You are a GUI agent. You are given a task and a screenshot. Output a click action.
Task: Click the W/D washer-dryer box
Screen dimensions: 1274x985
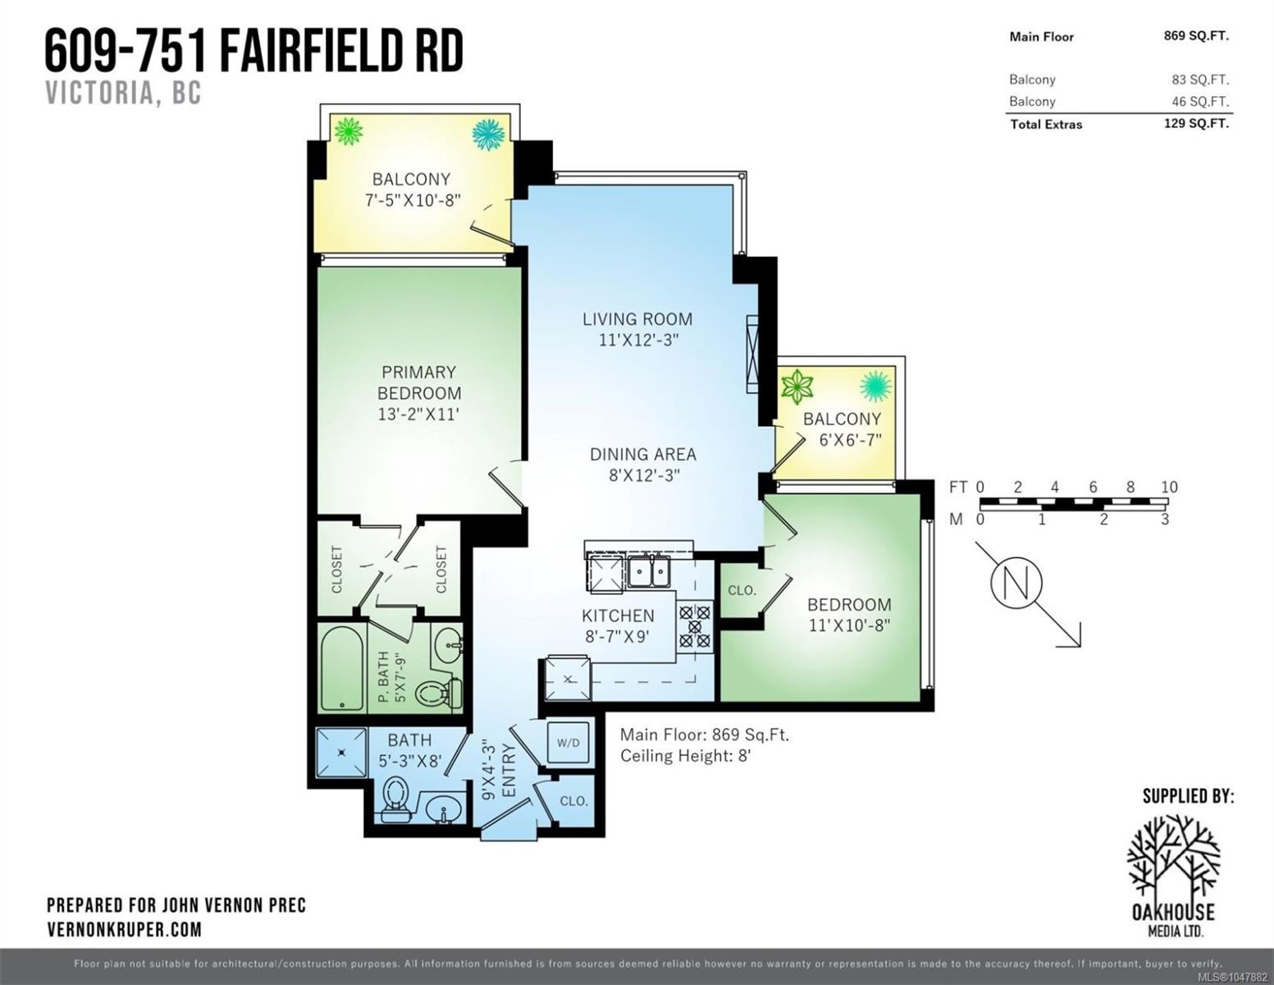[x=569, y=743]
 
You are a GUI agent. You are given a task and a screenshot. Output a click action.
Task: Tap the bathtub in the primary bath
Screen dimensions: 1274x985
[x=341, y=669]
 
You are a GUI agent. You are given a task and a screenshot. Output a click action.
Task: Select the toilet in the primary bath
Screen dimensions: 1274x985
[x=439, y=693]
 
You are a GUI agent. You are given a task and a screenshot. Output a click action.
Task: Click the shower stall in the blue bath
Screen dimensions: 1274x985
[x=341, y=752]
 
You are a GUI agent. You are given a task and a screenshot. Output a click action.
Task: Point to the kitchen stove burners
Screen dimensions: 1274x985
[x=695, y=627]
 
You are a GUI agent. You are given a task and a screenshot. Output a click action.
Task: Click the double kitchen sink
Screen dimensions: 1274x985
[x=650, y=570]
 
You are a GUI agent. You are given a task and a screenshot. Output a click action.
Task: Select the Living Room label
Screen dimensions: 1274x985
[x=637, y=319]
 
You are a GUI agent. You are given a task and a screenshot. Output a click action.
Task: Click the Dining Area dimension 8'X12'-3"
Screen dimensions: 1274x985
[x=644, y=474]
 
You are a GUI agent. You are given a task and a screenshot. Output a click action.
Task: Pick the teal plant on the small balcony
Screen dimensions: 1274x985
[x=876, y=386]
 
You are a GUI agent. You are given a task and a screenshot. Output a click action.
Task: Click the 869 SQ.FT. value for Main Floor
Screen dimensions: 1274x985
[x=1196, y=36]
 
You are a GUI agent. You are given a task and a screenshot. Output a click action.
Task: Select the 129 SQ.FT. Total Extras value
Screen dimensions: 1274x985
[x=1196, y=124]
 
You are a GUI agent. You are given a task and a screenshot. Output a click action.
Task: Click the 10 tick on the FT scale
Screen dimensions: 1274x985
[x=1169, y=487]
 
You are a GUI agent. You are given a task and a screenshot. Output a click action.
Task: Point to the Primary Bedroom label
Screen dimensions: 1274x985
[x=418, y=383]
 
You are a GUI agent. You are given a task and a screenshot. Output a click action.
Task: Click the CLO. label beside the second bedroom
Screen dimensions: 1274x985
[x=742, y=590]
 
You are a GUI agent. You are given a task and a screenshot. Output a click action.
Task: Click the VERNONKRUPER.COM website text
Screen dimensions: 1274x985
[x=124, y=929]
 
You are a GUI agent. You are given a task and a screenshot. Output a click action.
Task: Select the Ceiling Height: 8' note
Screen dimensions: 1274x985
[x=685, y=756]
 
